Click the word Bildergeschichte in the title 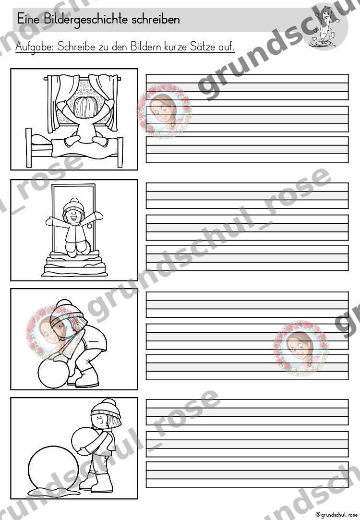click(87, 20)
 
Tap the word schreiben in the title click(156, 19)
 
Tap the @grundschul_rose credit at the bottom click(336, 515)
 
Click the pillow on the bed click(39, 143)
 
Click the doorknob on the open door click(89, 227)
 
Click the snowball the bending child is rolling click(53, 374)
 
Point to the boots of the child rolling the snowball click(84, 377)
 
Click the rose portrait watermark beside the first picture click(165, 110)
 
